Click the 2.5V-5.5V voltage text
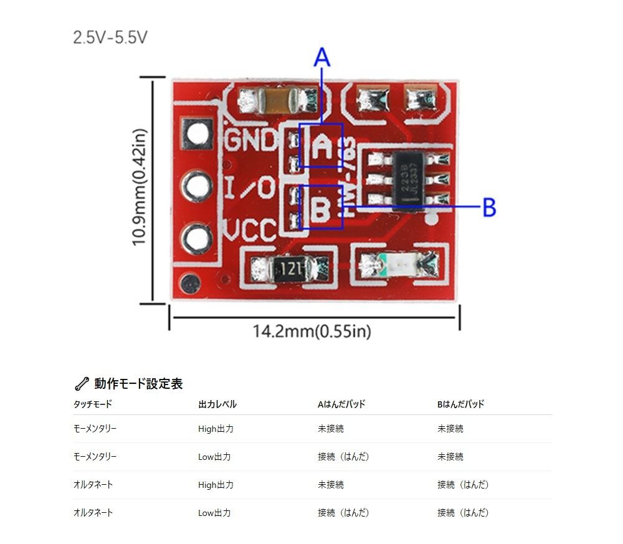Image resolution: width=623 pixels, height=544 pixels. point(110,37)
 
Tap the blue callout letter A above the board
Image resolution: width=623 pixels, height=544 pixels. point(321,58)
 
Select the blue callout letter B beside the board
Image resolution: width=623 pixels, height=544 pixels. point(489,208)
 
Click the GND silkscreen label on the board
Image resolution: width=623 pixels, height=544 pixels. point(250,140)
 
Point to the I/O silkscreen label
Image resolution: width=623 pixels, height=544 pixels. point(249,187)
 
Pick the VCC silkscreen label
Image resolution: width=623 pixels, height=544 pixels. point(250,231)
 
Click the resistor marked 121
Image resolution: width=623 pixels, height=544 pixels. point(290,269)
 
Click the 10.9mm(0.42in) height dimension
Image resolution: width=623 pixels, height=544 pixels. point(140,187)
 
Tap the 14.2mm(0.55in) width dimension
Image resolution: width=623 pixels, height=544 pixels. point(311,331)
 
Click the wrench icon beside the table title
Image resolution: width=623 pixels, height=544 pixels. point(82,384)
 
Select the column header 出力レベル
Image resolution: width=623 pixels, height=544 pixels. point(217,404)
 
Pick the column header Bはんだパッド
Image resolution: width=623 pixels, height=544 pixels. point(460,404)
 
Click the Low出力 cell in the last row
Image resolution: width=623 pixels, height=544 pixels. point(214,513)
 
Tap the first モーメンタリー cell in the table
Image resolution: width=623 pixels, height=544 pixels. point(95,429)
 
